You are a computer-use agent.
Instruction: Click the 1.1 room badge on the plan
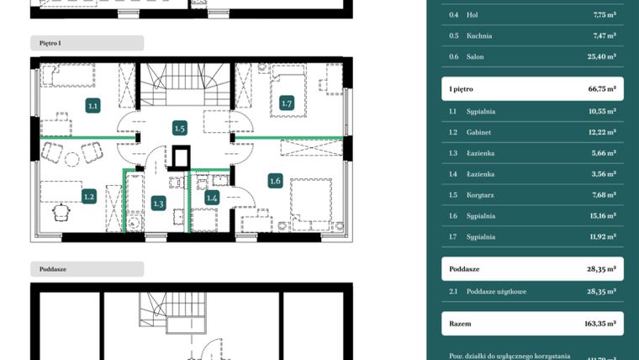point(93,106)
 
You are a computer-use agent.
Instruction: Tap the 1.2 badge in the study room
point(89,197)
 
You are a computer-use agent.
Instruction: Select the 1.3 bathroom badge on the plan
point(159,203)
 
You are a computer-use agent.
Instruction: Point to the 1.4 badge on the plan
point(212,197)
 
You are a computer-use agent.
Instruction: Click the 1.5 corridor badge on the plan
point(179,128)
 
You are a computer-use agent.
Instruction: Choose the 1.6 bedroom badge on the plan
point(275,180)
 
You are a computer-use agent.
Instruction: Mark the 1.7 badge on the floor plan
point(287,103)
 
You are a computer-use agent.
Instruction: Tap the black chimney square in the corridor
point(180,157)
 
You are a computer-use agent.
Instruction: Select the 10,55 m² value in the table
point(601,110)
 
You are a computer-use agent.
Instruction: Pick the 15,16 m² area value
point(601,215)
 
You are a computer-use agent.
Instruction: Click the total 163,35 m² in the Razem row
point(598,322)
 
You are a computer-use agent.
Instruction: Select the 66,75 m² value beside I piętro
point(600,88)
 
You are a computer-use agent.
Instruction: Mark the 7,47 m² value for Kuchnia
point(603,36)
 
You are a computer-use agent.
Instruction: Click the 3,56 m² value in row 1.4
point(603,173)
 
